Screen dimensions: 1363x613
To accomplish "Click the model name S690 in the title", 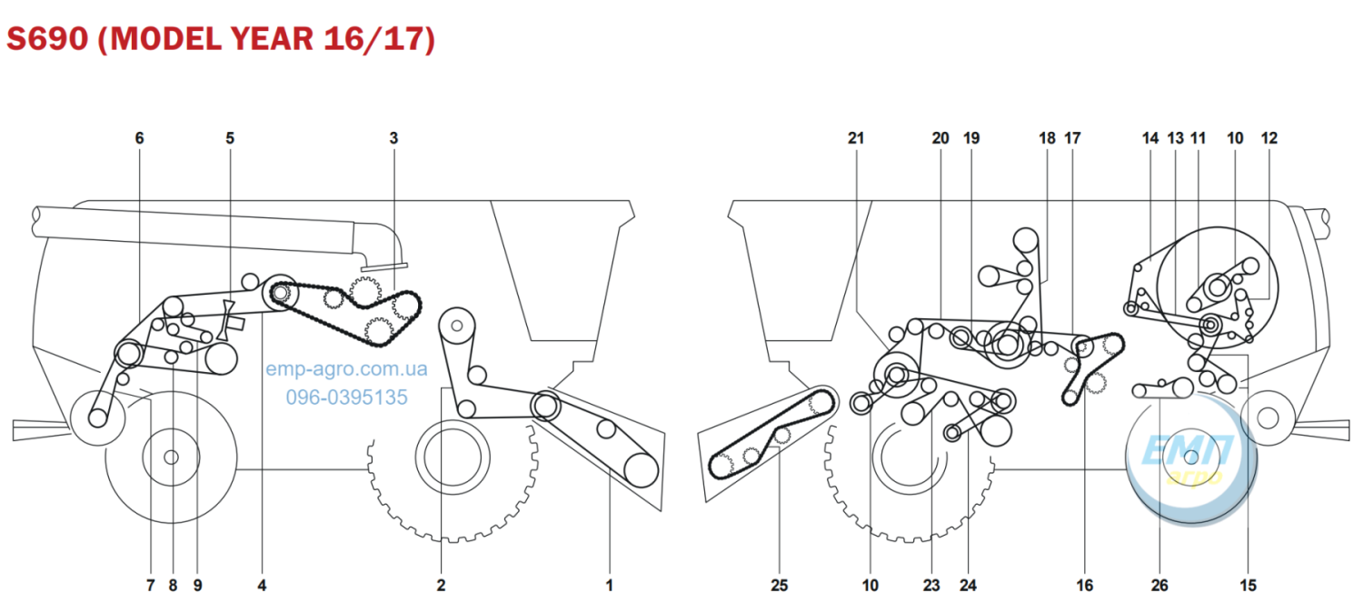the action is click(48, 38).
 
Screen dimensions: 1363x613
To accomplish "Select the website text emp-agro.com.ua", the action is click(347, 369).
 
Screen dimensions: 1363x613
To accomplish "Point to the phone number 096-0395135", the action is click(347, 397).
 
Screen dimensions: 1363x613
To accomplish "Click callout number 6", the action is click(139, 138).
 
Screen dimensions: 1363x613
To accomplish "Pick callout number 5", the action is click(229, 138).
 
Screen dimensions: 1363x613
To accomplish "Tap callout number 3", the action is click(393, 138).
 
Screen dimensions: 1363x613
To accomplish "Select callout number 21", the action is click(856, 138).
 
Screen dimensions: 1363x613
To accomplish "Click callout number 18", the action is click(1047, 138).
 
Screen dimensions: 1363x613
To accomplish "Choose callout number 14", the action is click(1150, 138).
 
